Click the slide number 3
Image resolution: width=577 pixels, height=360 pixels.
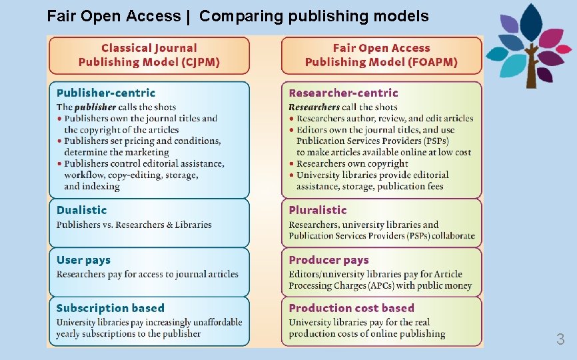(560, 339)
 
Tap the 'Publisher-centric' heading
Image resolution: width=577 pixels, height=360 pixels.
(105, 93)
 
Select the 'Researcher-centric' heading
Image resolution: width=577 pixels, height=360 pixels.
(343, 93)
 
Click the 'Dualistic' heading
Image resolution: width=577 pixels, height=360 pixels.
(81, 210)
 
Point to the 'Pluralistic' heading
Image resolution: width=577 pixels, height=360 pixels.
(318, 210)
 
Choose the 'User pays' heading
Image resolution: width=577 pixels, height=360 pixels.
(83, 260)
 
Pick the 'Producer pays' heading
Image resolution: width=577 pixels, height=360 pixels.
(328, 260)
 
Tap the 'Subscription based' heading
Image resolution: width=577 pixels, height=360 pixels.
(110, 308)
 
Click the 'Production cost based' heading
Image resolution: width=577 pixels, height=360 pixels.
(351, 308)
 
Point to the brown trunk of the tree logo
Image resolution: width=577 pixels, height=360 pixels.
(532, 70)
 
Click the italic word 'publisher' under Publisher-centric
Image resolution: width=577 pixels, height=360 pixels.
(95, 107)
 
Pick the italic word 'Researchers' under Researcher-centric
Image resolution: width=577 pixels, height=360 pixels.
(314, 107)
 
